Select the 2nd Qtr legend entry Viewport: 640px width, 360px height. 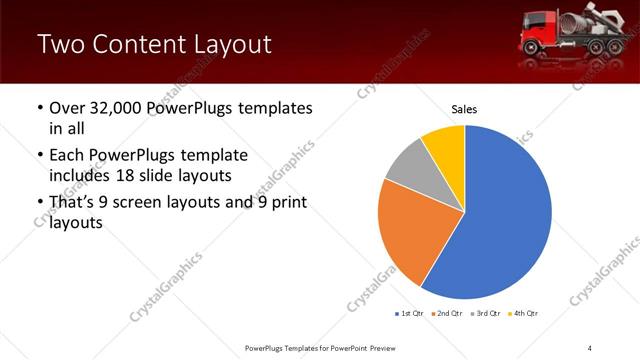click(446, 314)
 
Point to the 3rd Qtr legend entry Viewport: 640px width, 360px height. click(485, 314)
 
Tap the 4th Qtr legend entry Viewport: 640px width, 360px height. click(523, 314)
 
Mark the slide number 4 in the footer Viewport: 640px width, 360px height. click(590, 347)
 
